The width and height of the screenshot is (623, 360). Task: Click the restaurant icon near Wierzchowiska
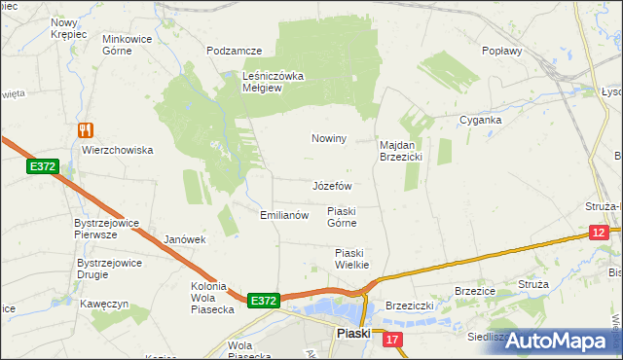tap(86, 129)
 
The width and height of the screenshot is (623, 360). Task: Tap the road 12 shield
tap(600, 232)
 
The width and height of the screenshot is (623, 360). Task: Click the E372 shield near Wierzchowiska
tap(43, 167)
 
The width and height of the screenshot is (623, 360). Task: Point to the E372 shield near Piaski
tap(264, 301)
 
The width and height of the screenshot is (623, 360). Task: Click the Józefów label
tap(332, 185)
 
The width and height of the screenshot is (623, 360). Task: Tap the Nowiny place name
tap(329, 139)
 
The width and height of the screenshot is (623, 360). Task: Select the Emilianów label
tap(284, 215)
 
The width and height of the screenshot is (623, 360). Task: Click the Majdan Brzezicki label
tap(399, 150)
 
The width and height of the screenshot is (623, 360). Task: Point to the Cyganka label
tap(481, 121)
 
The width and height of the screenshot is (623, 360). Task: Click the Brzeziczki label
tap(410, 305)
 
